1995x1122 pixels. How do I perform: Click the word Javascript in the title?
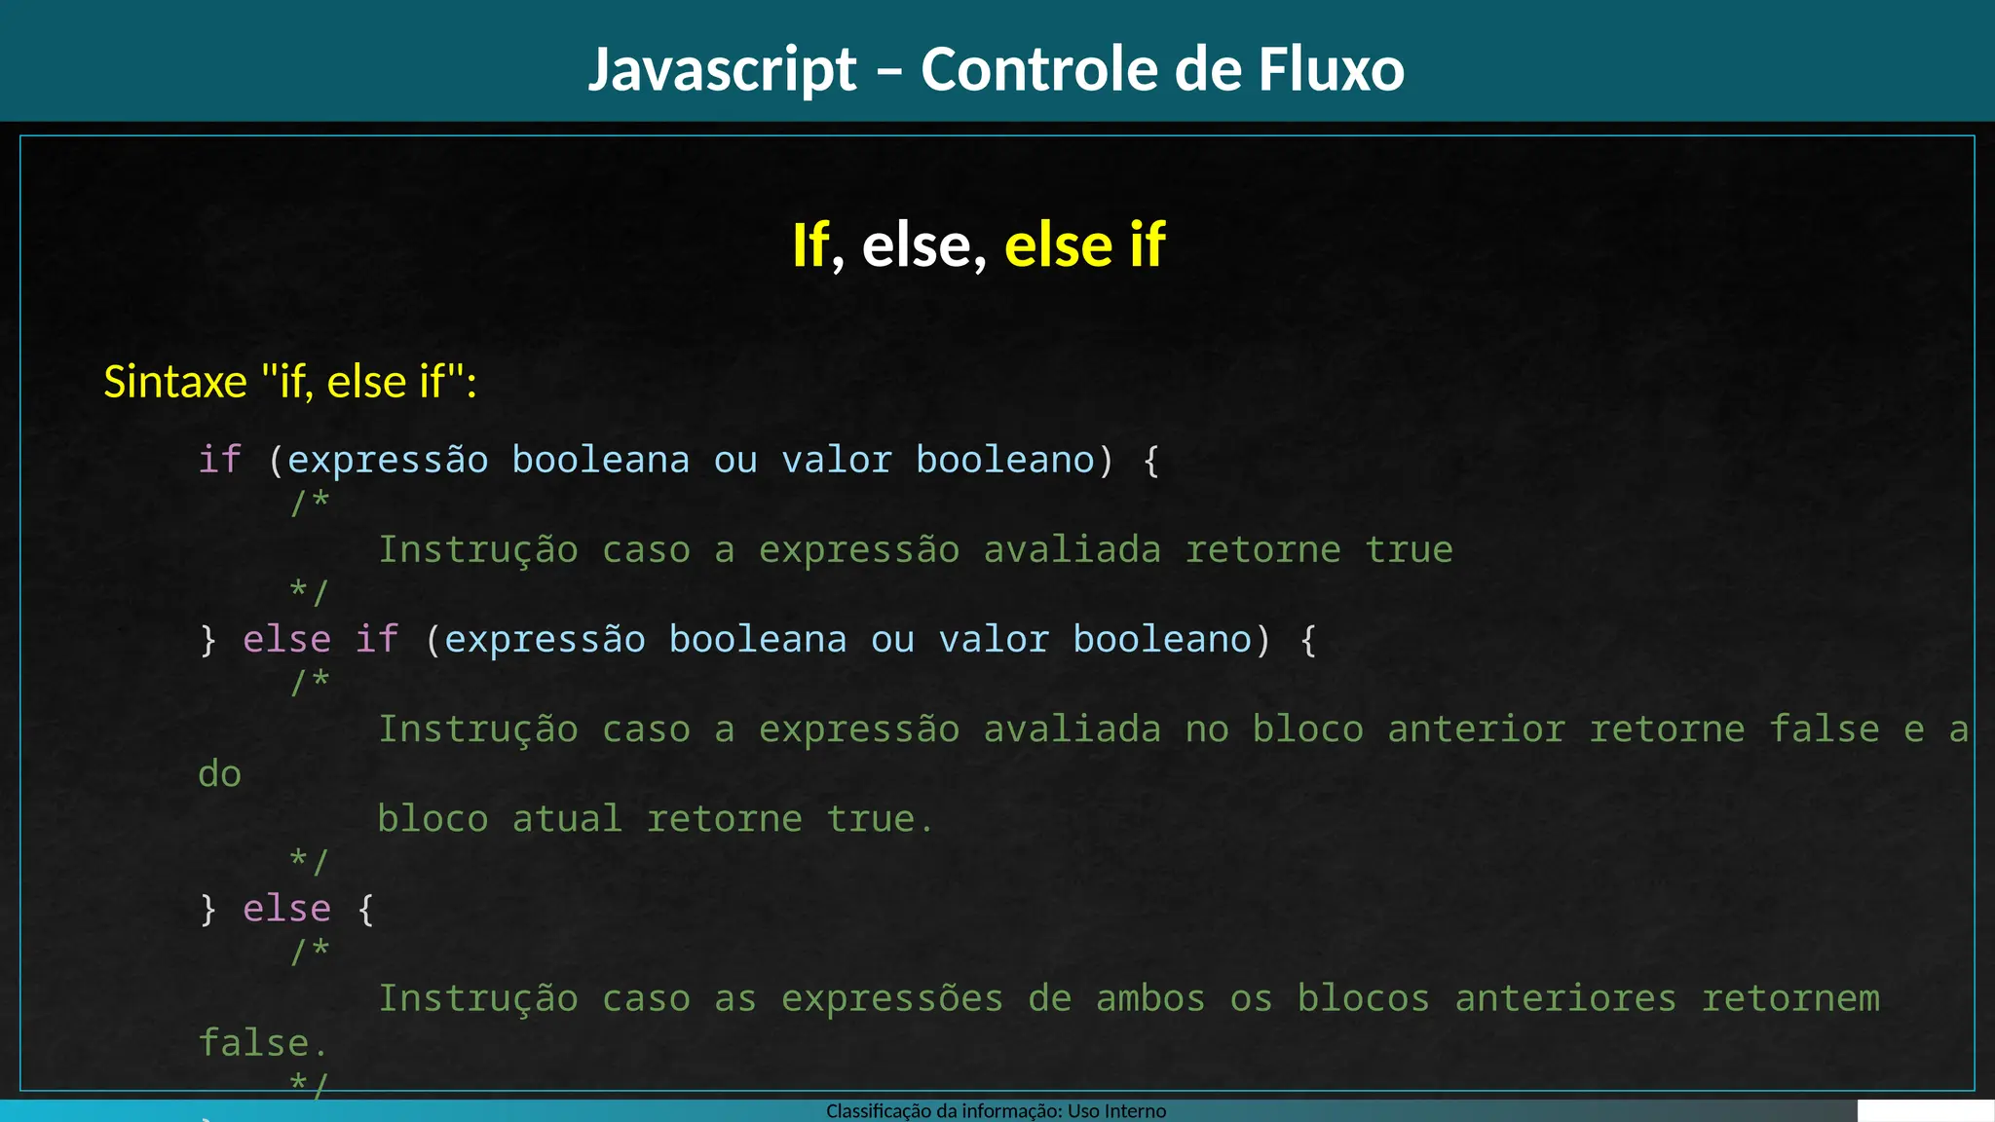(722, 70)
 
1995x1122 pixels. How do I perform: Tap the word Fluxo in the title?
(1331, 70)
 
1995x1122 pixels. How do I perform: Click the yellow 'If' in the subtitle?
(810, 244)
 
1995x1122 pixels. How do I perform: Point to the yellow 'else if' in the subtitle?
(1084, 244)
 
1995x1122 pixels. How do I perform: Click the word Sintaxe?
(175, 381)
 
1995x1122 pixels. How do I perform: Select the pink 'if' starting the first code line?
(219, 460)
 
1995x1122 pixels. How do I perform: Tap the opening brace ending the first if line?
(1150, 460)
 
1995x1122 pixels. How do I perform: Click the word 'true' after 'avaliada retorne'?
(1409, 550)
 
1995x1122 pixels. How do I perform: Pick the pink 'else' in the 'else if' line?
(286, 640)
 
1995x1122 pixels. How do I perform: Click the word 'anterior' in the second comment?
(1476, 729)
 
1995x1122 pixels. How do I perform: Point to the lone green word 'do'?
(219, 774)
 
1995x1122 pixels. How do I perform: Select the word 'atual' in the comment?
(567, 819)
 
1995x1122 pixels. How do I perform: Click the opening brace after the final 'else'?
(365, 909)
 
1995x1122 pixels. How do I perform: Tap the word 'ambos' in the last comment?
(1150, 998)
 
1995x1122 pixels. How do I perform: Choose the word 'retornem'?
(1790, 998)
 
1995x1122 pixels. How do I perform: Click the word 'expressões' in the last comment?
(892, 998)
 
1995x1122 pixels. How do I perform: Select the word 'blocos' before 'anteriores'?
(1363, 998)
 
